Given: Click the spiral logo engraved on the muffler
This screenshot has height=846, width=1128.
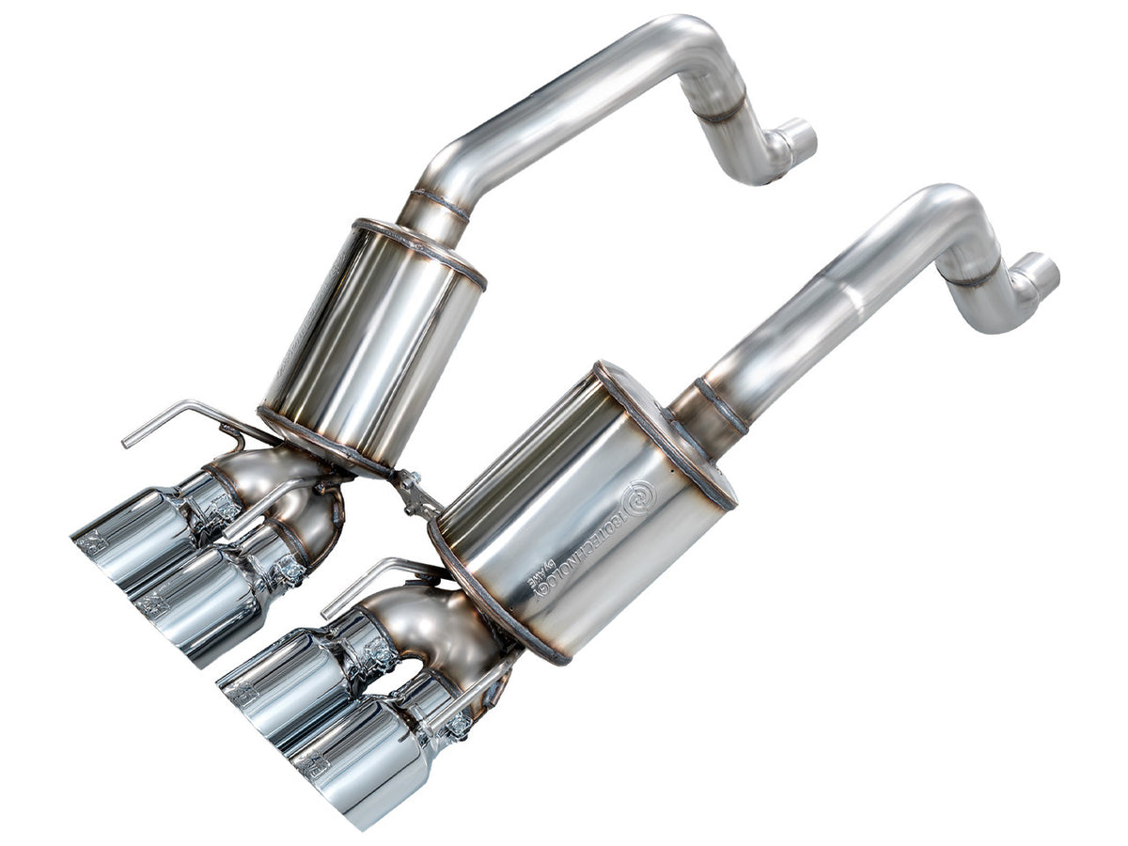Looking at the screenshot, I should pos(641,492).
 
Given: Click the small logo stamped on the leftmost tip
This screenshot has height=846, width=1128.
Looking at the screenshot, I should pos(92,542).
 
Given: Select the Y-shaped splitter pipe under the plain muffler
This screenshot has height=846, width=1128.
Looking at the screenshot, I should pos(291,489).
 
